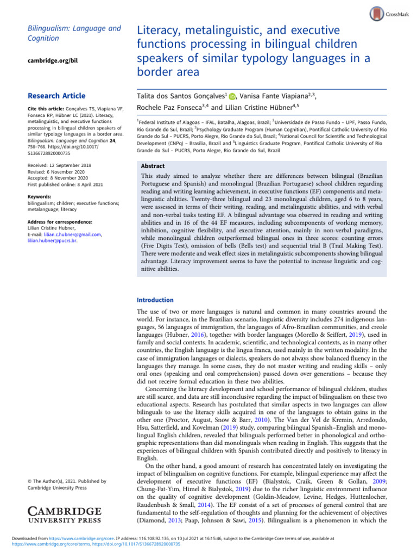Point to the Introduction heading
[x=155, y=300]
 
